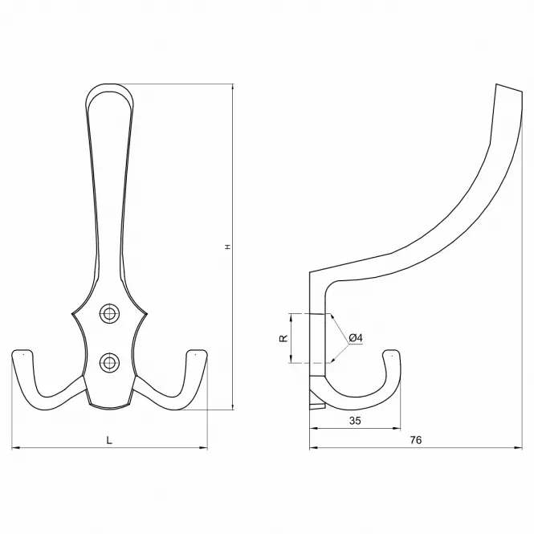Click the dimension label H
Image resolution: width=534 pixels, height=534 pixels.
point(228,247)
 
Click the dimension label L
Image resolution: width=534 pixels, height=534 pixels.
point(109,440)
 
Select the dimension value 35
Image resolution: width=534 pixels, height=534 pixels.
point(355,421)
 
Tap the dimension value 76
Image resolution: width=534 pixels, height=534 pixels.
point(416,440)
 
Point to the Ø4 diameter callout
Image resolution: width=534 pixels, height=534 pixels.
point(356,338)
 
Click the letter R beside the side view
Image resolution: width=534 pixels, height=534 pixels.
point(283,338)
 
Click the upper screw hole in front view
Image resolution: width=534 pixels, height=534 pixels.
point(109,313)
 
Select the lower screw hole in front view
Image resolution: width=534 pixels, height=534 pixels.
point(109,362)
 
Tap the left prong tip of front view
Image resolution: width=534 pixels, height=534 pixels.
point(22,351)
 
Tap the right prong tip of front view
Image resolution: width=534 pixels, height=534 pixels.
point(198,351)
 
